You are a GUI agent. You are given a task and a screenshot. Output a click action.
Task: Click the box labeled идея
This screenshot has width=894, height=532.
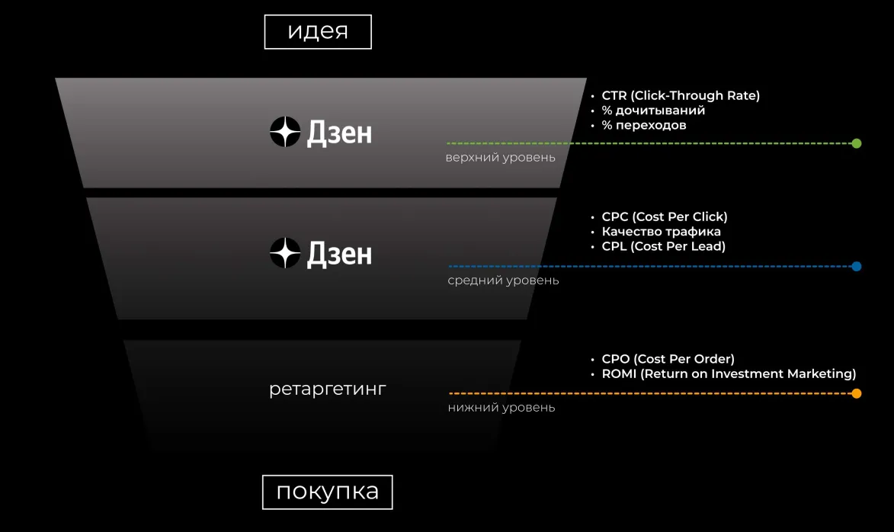[x=318, y=32]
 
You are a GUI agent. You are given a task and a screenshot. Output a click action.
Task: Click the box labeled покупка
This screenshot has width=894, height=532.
[x=327, y=492]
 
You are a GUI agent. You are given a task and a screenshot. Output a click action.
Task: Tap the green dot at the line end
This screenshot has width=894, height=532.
[x=857, y=143]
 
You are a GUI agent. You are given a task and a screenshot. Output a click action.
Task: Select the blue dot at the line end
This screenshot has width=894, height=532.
[x=857, y=267]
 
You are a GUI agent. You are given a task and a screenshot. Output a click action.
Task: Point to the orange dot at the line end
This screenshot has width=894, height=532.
[x=857, y=394]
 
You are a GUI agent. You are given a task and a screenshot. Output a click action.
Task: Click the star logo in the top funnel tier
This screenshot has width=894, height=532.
[x=285, y=133]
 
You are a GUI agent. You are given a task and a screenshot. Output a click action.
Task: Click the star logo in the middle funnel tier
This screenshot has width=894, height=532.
[x=285, y=253]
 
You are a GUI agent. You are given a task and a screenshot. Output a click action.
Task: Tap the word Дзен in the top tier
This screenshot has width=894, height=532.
[x=339, y=133]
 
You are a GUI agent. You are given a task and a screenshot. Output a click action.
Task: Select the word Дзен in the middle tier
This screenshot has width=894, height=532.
[x=339, y=254]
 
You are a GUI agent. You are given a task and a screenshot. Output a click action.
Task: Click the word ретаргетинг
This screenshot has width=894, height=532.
[x=328, y=389]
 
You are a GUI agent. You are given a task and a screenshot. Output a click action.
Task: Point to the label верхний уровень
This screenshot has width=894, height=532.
[x=500, y=158]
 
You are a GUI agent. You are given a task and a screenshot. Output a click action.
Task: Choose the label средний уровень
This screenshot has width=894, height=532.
[x=503, y=280]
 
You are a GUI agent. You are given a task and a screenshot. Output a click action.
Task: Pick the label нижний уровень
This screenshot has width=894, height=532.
[x=501, y=408]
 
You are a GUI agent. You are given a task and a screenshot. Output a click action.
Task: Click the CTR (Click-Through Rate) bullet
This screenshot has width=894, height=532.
[x=680, y=96]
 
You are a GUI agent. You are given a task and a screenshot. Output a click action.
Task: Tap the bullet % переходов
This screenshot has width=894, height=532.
[x=643, y=125]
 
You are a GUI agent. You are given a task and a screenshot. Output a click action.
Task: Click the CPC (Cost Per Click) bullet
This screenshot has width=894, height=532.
[x=664, y=217]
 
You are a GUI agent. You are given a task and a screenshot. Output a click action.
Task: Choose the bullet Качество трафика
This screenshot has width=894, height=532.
[x=661, y=232]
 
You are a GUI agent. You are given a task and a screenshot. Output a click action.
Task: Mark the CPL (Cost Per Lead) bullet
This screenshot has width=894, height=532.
[x=663, y=246]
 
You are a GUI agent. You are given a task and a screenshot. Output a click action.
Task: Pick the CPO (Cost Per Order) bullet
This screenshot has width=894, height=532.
[x=668, y=359]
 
